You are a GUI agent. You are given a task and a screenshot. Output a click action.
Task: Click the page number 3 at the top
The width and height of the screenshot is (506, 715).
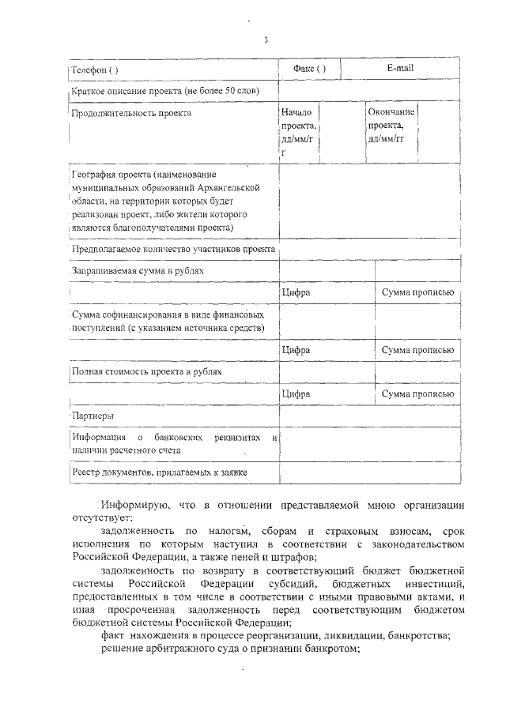(x=266, y=40)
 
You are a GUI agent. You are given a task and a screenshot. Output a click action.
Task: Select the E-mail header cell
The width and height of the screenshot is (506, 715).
(x=400, y=69)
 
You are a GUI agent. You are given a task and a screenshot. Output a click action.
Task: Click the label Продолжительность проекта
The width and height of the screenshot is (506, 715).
(x=131, y=114)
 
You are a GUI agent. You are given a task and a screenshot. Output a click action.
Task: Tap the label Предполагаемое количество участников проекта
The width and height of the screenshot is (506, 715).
(x=173, y=249)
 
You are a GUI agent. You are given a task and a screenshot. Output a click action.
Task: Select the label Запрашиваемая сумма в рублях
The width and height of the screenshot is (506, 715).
(x=138, y=270)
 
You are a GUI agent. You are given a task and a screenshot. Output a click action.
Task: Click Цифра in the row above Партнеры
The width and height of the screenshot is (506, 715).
(x=295, y=393)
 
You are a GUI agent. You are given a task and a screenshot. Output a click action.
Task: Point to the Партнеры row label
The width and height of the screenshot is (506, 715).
(x=93, y=415)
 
